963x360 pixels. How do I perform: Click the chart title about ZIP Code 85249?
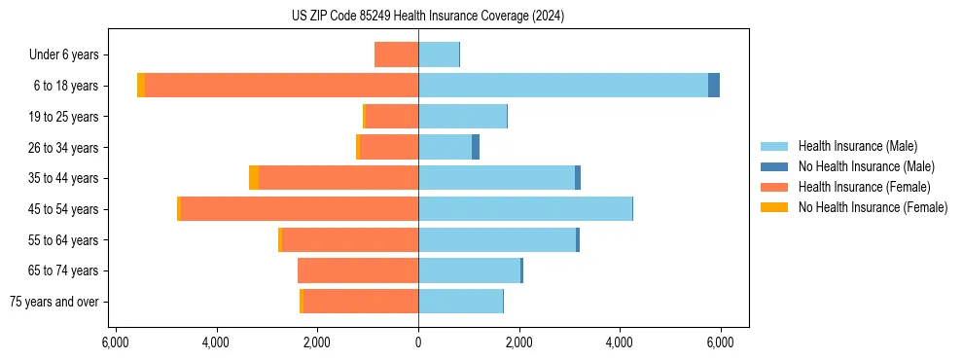(427, 16)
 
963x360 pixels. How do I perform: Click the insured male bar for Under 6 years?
(439, 54)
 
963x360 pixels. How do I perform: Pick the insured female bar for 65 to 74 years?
(358, 270)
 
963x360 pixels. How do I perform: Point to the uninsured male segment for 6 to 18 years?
(714, 86)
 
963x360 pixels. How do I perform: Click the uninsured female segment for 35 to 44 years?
(254, 178)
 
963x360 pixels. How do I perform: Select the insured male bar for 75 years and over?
(460, 302)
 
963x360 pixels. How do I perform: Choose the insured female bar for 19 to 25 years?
(392, 117)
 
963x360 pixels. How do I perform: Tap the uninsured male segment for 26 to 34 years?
(476, 147)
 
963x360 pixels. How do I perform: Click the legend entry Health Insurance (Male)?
(857, 146)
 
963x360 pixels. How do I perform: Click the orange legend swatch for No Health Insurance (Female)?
(775, 207)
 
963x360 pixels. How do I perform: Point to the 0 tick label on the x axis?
(418, 342)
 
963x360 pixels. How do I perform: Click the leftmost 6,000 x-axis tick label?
(116, 342)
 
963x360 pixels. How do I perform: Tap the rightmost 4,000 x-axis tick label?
(620, 342)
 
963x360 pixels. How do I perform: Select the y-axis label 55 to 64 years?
(63, 240)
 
